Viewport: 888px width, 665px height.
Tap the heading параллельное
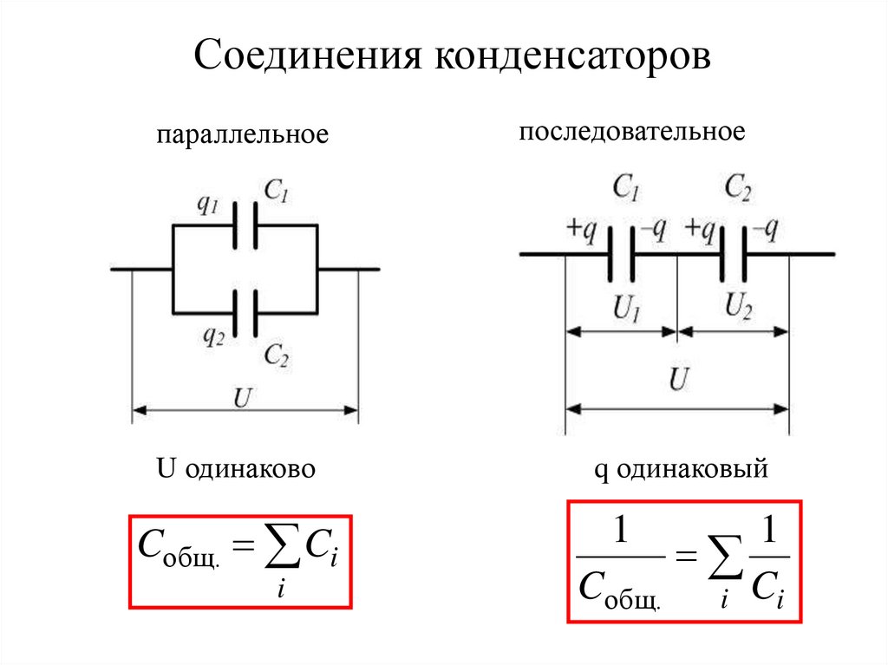pos(243,136)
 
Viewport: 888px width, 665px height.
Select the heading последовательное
pos(632,132)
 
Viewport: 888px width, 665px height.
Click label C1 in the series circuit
pos(626,187)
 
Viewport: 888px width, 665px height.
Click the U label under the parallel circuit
pos(245,398)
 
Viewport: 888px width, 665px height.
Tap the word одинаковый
pos(703,469)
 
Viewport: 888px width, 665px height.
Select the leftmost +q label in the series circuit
pos(581,229)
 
